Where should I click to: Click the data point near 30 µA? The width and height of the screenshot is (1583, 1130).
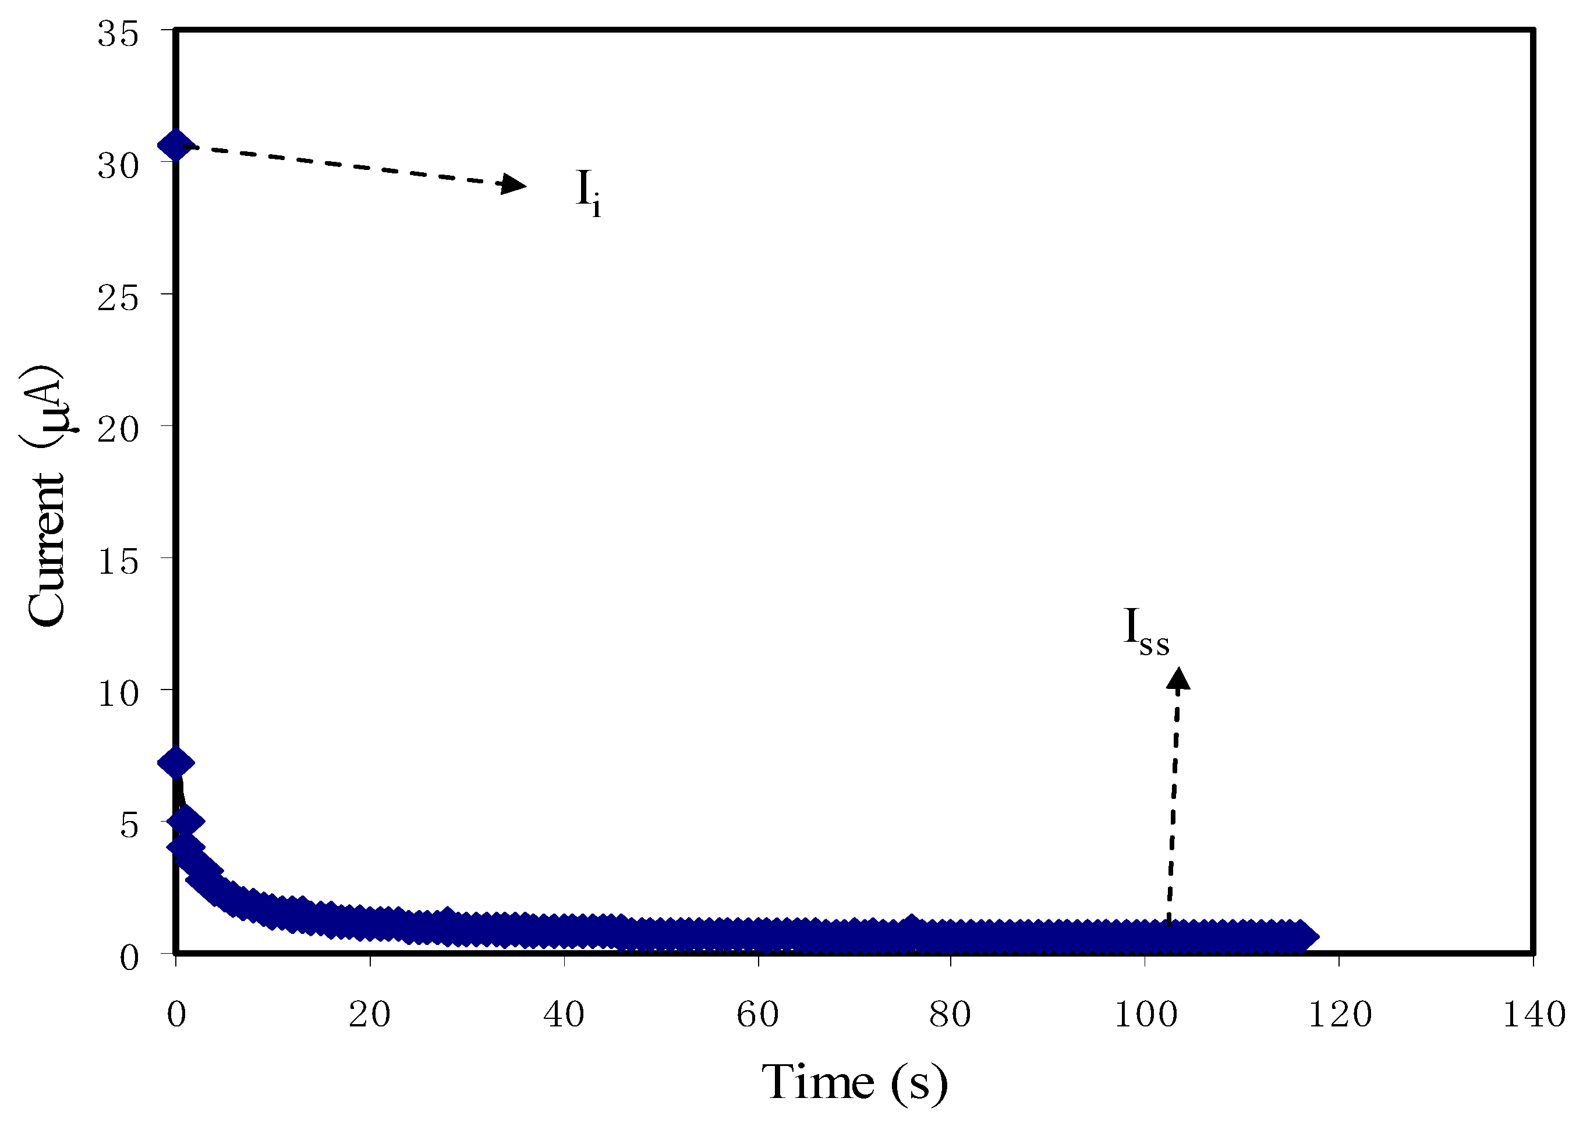175,145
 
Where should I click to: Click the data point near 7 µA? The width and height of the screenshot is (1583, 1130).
175,763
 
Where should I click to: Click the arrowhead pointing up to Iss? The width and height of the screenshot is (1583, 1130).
1178,679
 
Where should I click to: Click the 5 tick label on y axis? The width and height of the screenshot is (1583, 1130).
129,825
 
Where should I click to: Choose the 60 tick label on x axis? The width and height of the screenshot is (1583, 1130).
757,1014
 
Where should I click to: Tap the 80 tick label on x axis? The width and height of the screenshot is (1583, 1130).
950,1014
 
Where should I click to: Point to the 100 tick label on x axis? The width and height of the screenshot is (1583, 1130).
1146,1014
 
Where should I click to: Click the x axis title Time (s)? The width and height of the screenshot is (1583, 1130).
854,1083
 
